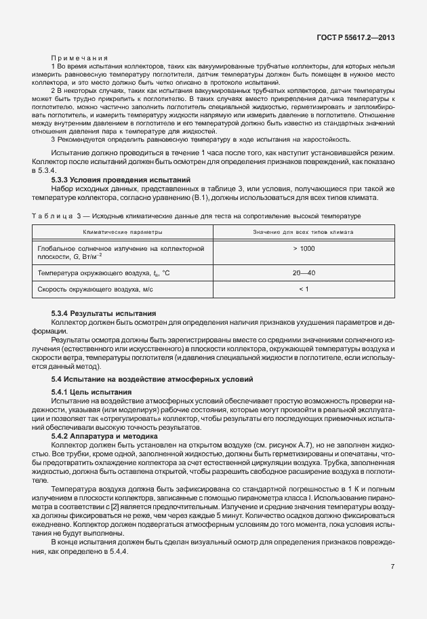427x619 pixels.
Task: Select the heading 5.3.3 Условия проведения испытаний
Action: [x=121, y=180]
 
